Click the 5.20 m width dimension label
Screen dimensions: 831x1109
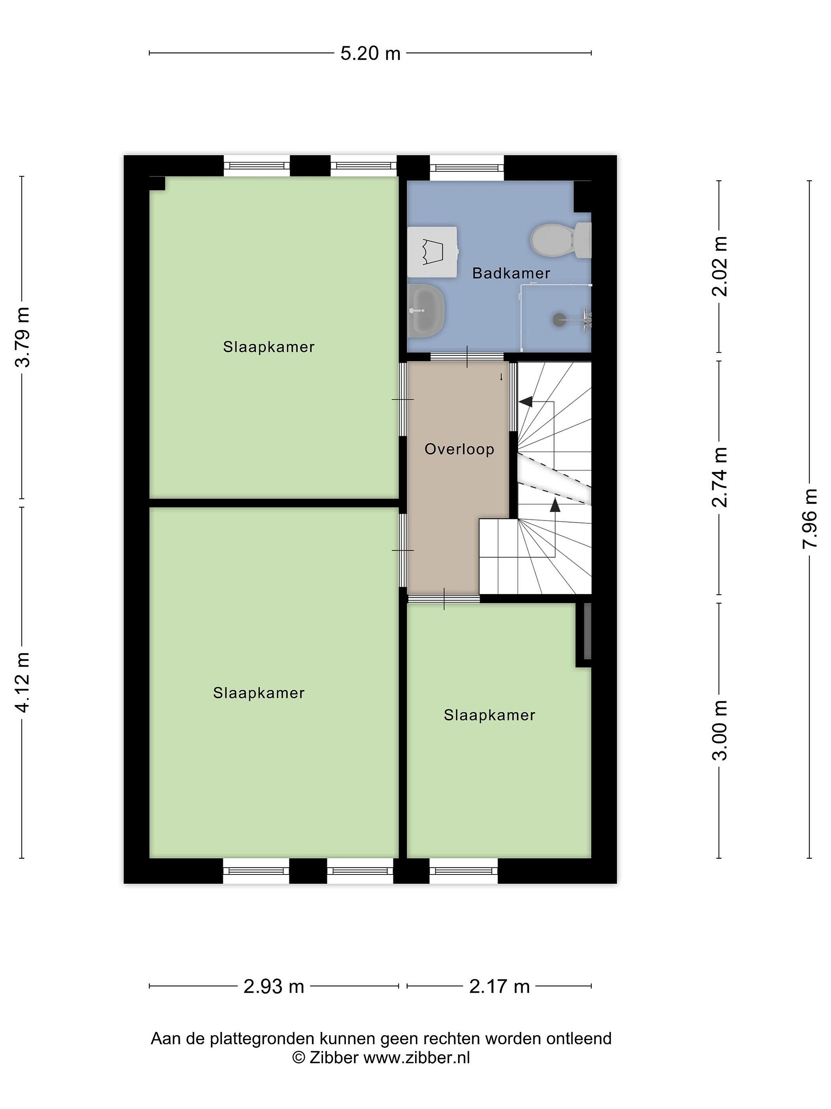click(x=370, y=53)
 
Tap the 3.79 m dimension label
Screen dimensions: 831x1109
click(x=23, y=337)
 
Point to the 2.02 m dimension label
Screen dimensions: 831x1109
click(x=720, y=266)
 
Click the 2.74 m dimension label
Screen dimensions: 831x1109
click(x=720, y=477)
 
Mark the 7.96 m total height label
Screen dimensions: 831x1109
click(x=810, y=519)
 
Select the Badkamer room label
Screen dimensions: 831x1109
click(x=511, y=273)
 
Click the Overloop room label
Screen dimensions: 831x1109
click(x=459, y=449)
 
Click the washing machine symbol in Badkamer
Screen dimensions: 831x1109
click(x=433, y=252)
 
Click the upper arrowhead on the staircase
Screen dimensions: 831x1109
click(x=526, y=402)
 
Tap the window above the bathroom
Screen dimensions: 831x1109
click(x=466, y=168)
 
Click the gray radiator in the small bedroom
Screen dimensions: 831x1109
click(x=587, y=631)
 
